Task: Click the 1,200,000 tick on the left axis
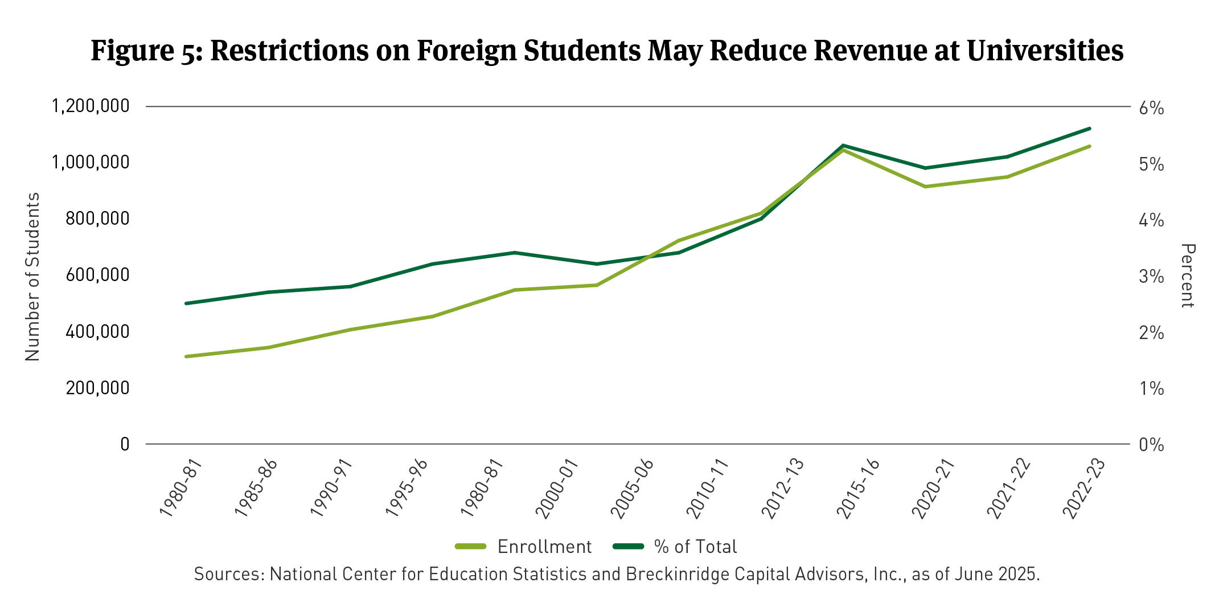(91, 106)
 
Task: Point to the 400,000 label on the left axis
(97, 332)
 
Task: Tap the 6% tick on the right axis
(1151, 108)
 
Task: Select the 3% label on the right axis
(1151, 277)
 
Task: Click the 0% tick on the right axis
(1151, 445)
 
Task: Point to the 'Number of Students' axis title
(32, 276)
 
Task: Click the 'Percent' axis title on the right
(1188, 276)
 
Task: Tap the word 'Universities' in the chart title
(1045, 51)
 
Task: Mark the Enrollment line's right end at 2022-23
(1089, 146)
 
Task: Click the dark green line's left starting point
(186, 303)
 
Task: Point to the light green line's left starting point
(186, 357)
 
